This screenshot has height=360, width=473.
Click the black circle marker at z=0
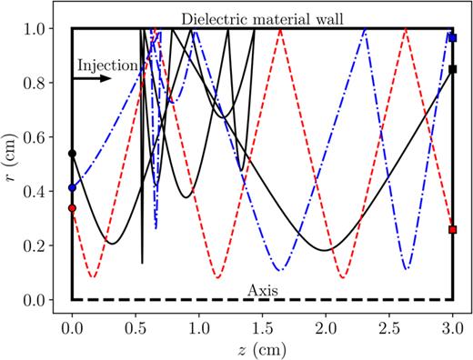coord(72,154)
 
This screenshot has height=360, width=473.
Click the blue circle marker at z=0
coord(72,188)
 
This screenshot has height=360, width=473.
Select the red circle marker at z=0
coord(72,208)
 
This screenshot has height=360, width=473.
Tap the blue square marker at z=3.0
coord(453,37)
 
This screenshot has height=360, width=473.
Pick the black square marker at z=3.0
coord(453,69)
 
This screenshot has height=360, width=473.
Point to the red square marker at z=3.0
coord(453,230)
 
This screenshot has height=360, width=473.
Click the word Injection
coord(106,65)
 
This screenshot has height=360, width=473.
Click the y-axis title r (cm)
coord(12,164)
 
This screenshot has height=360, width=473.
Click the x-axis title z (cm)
coord(262,348)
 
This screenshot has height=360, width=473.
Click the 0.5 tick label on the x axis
coord(136,325)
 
